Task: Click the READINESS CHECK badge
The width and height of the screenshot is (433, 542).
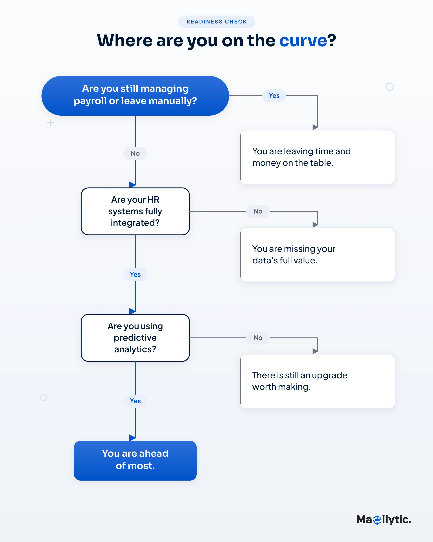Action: coord(216,22)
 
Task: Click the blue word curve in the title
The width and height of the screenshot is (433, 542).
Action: coord(303,40)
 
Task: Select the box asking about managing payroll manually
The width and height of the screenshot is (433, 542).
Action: coord(135,96)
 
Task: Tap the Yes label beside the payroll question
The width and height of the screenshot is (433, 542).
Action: coord(274,96)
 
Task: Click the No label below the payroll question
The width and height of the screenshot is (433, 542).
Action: coord(135,153)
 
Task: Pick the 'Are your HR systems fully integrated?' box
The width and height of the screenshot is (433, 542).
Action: coord(135,211)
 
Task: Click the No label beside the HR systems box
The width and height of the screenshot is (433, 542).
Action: coord(258,211)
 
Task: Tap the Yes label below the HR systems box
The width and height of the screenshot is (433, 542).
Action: coord(135,274)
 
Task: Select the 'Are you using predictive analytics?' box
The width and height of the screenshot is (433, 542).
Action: coord(135,338)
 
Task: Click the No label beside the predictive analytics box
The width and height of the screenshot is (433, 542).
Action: coord(258,338)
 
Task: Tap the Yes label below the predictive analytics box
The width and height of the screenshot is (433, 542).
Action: coord(135,401)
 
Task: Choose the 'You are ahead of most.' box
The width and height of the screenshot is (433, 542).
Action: coord(135,461)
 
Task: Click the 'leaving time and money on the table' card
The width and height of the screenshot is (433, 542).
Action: coord(318,157)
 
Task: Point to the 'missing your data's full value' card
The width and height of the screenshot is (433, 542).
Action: coord(318,255)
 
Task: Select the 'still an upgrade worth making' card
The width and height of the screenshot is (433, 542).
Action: coord(318,381)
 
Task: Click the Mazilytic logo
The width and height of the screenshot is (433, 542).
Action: coord(384,520)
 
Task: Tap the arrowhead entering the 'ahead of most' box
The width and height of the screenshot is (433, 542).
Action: coord(133,438)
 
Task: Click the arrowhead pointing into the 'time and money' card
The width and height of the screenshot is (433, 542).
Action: coord(315,127)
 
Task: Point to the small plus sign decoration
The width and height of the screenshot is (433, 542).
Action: coord(51,123)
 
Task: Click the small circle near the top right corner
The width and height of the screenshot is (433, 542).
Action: coord(390,83)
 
